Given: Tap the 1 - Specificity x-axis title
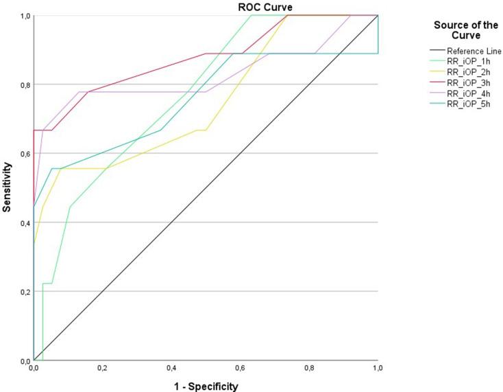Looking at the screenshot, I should tap(206, 386).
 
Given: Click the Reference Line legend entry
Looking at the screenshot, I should tap(474, 50).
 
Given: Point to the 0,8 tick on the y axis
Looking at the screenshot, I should tap(24, 84).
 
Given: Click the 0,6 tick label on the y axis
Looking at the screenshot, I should tap(24, 154).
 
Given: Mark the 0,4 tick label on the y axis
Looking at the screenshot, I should tap(24, 222).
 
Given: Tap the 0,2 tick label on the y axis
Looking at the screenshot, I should tap(24, 292).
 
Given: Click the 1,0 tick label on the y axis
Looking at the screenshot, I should tap(24, 16).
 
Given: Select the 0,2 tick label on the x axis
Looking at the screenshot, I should tap(103, 369).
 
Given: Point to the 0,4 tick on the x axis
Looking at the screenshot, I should tap(171, 369).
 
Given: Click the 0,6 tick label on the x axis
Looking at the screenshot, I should tap(241, 369).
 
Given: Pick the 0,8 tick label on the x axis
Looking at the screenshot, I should tap(309, 369).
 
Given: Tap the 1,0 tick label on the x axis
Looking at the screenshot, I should tap(378, 369).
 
